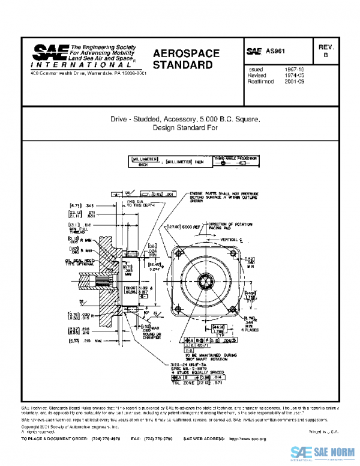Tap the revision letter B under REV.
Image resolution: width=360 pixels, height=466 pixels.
(x=326, y=55)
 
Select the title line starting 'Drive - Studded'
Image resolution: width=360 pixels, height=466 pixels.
(x=184, y=120)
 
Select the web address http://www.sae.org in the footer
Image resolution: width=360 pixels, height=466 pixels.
(x=247, y=440)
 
